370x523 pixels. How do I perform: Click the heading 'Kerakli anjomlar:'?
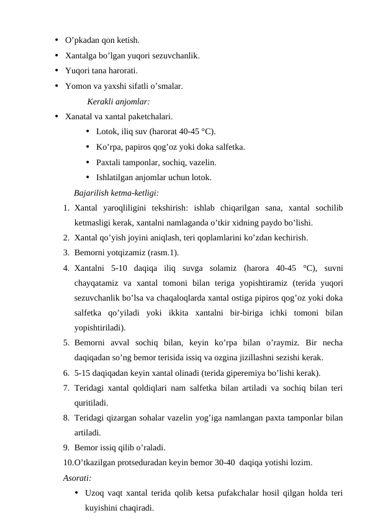(x=119, y=101)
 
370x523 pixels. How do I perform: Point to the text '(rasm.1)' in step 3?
(x=164, y=252)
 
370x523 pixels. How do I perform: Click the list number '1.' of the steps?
(x=66, y=207)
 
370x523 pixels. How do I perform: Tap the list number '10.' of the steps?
(x=68, y=463)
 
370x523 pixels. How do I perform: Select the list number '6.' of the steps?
(x=66, y=373)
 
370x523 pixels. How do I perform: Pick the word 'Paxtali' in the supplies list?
(x=109, y=162)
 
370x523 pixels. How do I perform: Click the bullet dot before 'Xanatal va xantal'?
(x=56, y=116)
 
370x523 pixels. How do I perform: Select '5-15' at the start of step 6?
(x=82, y=373)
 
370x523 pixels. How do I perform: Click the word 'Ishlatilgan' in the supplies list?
(x=115, y=177)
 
